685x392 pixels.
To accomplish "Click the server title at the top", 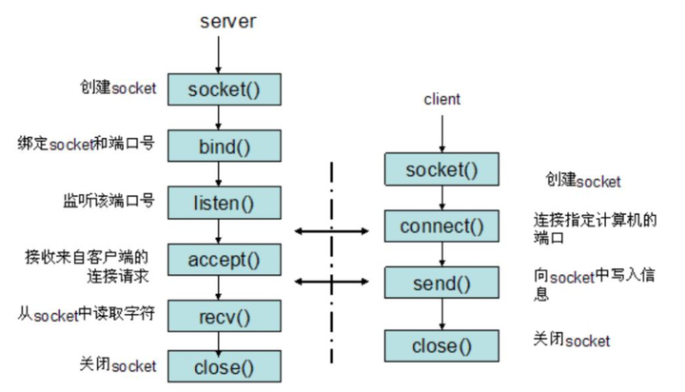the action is pyautogui.click(x=227, y=22).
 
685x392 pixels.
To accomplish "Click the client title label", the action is pyautogui.click(x=441, y=99).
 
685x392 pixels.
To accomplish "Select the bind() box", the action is pyautogui.click(x=225, y=146).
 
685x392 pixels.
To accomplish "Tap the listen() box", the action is pyautogui.click(x=225, y=203).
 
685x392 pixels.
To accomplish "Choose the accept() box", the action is pyautogui.click(x=225, y=260).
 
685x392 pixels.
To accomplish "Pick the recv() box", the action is pyautogui.click(x=225, y=316).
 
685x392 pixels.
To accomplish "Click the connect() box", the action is pyautogui.click(x=441, y=225).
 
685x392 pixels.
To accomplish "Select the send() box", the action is pyautogui.click(x=441, y=283).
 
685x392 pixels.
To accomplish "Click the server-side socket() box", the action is pyautogui.click(x=225, y=89).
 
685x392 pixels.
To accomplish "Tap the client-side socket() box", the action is pyautogui.click(x=441, y=169).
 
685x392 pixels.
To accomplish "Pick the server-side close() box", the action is pyautogui.click(x=225, y=366).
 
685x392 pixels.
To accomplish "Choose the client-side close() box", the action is pyautogui.click(x=441, y=345).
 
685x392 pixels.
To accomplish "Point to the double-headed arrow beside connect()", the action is pyautogui.click(x=332, y=231).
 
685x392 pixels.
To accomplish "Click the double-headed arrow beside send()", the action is pyautogui.click(x=332, y=282).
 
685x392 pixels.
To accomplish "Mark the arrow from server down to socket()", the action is pyautogui.click(x=219, y=54).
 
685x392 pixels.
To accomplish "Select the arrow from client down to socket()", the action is pyautogui.click(x=442, y=134).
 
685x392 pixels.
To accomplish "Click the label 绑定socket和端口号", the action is pyautogui.click(x=86, y=144).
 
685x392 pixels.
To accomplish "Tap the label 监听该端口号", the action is pyautogui.click(x=108, y=201).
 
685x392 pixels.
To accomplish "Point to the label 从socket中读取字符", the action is pyautogui.click(x=86, y=314).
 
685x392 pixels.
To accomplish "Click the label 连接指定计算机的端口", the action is pyautogui.click(x=595, y=228).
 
